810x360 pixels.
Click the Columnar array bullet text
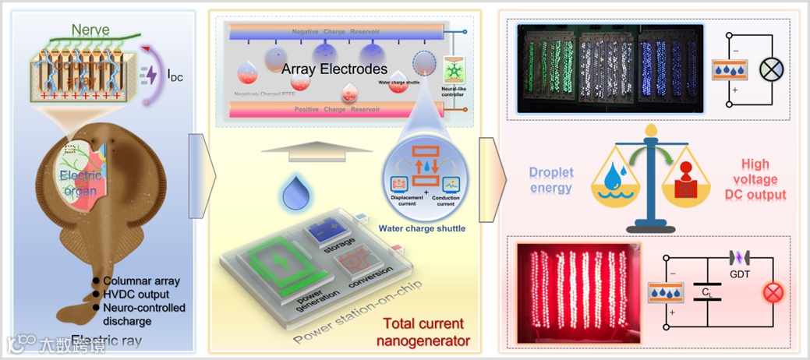click(140, 281)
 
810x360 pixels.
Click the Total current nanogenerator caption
click(424, 330)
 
